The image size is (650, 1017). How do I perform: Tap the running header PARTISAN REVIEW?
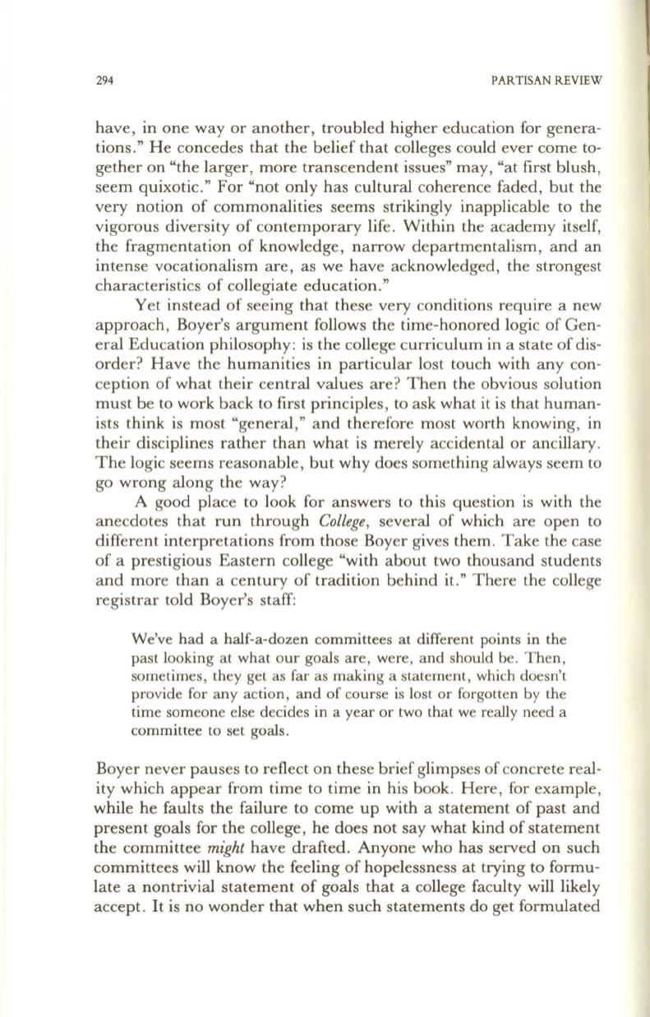546,81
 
